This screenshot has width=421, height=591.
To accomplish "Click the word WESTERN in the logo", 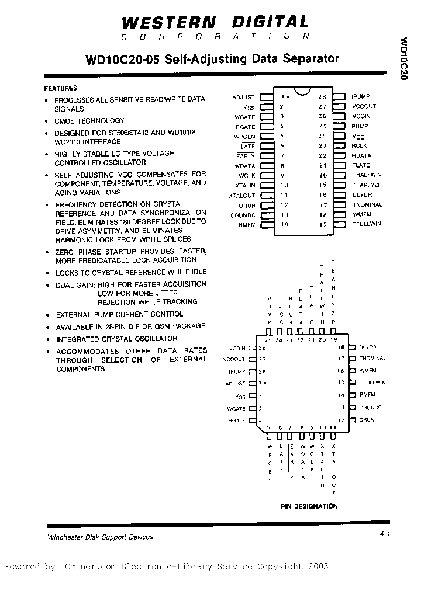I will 168,23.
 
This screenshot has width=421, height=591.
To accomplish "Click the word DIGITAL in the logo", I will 271,23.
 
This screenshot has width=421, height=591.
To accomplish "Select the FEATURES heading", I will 60,88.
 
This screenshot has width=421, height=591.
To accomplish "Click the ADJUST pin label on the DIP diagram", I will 243,97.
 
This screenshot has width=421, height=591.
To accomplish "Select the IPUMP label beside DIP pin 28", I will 360,96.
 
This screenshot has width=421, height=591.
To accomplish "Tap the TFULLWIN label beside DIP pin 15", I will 366,224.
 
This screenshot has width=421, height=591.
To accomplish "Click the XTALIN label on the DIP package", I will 244,185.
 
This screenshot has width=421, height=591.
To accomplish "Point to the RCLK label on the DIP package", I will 360,146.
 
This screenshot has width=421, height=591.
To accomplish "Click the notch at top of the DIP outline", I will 302,92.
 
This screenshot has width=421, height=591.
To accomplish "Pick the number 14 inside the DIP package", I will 285,224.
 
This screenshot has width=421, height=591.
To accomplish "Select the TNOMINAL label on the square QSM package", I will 372,359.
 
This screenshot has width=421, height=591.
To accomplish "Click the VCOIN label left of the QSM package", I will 234,348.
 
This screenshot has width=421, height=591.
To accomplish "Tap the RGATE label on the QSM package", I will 236,420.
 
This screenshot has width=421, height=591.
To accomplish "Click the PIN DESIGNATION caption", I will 309,506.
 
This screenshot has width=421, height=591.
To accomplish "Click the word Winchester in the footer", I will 64,537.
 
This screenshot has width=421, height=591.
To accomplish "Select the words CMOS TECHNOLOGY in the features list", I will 89,121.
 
